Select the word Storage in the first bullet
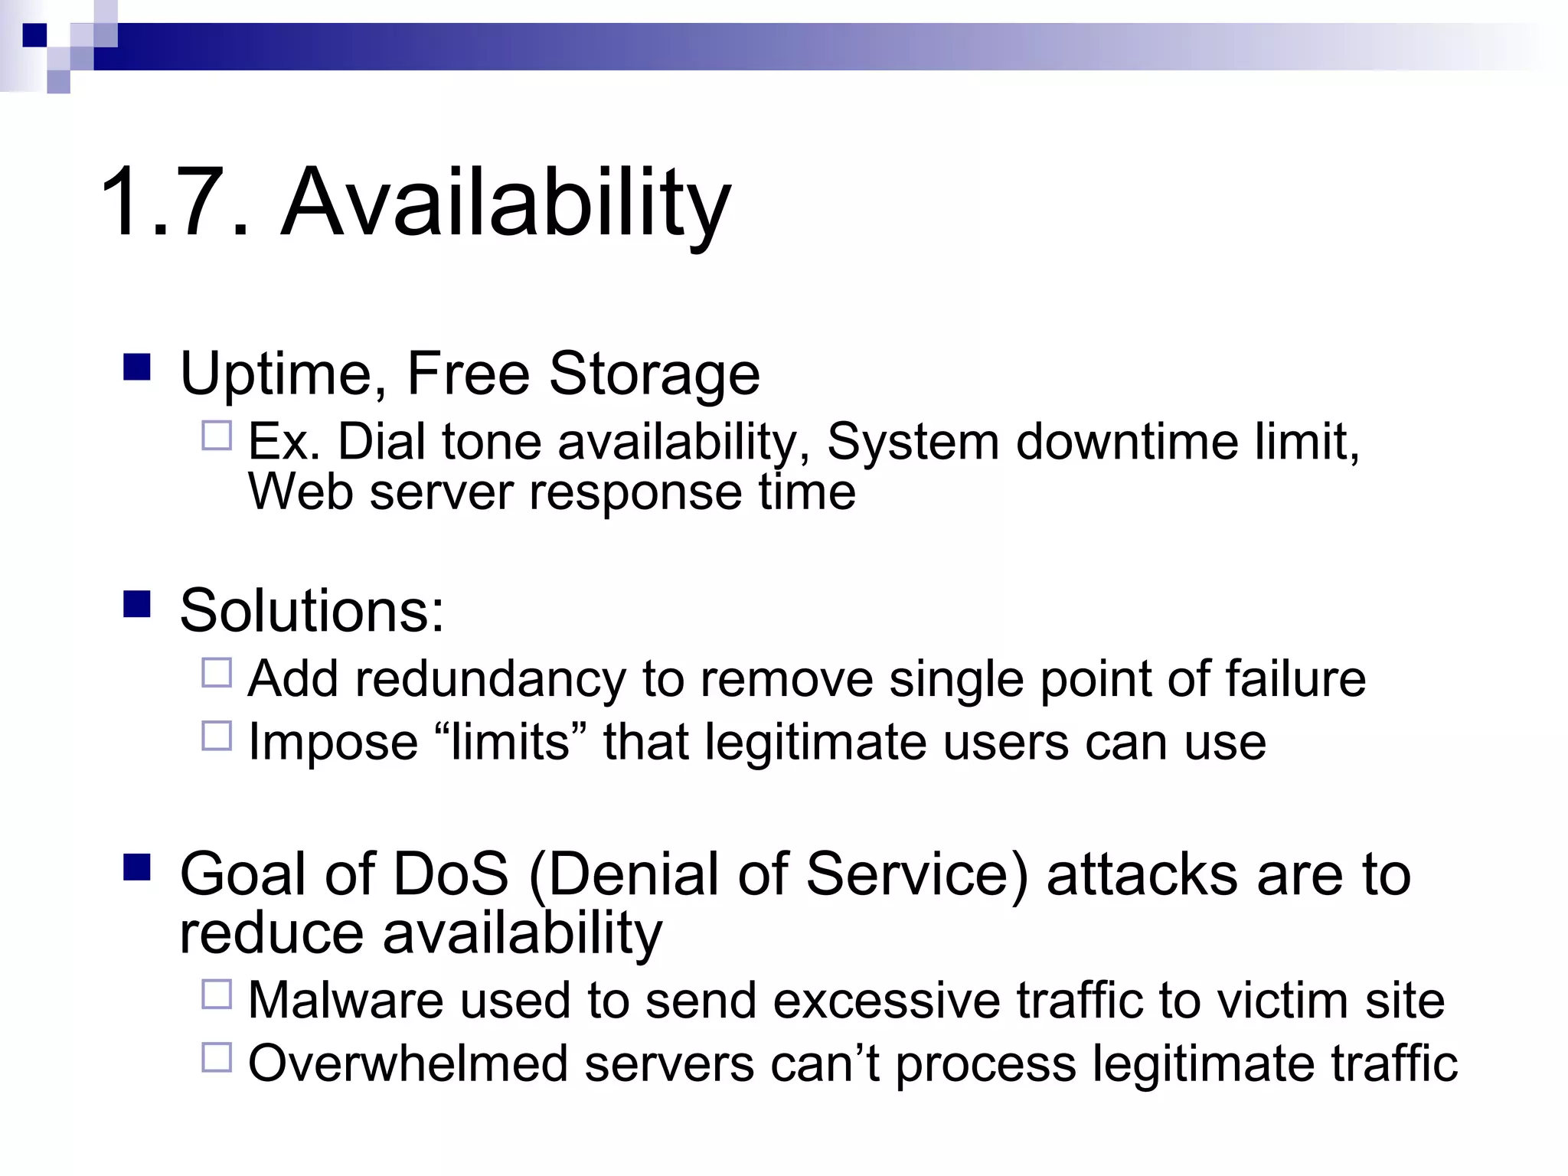[x=655, y=374]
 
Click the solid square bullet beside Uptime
[x=137, y=367]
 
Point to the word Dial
[x=381, y=442]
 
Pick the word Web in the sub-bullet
[x=300, y=492]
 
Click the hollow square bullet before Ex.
[x=217, y=436]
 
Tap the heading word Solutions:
[x=312, y=611]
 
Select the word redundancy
[x=490, y=679]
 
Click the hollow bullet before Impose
[x=217, y=736]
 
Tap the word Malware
[x=345, y=1001]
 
